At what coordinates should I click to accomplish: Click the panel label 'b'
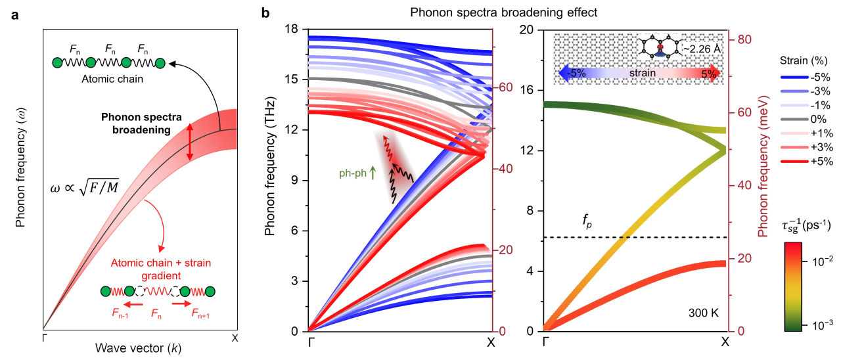coord(266,13)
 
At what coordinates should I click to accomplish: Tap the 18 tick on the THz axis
coord(293,29)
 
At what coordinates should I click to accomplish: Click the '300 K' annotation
coord(704,313)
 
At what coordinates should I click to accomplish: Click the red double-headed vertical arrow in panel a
coord(190,142)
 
